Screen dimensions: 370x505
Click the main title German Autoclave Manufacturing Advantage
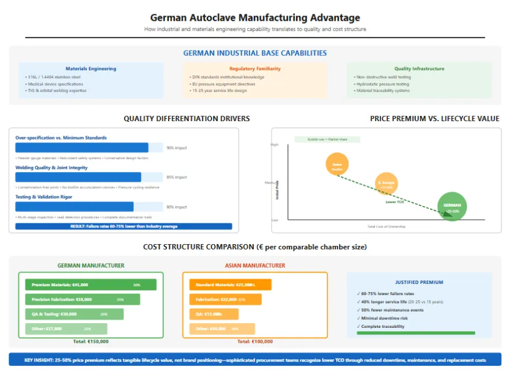click(x=255, y=18)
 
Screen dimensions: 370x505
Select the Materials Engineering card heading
click(x=91, y=68)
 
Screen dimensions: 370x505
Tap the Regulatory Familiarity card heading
click(x=255, y=68)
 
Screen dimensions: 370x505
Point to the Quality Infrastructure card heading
click(x=419, y=68)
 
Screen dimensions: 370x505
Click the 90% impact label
click(x=176, y=148)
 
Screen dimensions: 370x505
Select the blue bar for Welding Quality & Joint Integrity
click(x=78, y=177)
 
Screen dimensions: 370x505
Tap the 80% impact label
click(x=176, y=207)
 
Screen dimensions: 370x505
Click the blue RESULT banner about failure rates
click(x=124, y=226)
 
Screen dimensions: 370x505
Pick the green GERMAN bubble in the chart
click(x=452, y=207)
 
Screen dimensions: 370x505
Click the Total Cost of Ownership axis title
click(x=386, y=226)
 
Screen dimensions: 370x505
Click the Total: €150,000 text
click(x=90, y=341)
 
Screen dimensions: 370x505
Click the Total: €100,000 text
click(x=255, y=341)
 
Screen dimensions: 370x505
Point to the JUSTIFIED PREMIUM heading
click(x=419, y=282)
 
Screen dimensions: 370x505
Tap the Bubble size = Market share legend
click(x=320, y=140)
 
